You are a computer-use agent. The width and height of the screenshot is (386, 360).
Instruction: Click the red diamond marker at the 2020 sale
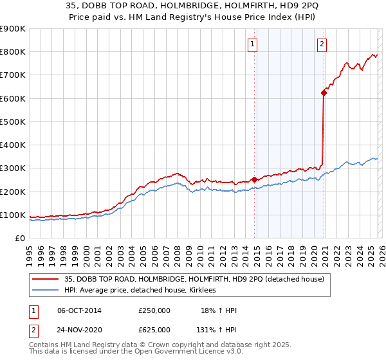click(x=324, y=93)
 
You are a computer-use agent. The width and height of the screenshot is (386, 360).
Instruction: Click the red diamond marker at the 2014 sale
click(x=254, y=180)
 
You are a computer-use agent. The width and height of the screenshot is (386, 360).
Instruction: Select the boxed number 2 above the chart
click(x=321, y=44)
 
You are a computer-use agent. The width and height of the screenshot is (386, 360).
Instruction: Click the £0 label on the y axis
click(x=21, y=239)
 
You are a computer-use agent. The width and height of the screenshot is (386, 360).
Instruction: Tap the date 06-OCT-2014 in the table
click(x=79, y=311)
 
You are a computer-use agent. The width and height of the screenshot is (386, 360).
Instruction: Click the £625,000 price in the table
click(x=154, y=330)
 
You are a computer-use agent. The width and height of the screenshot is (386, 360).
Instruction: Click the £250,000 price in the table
click(x=154, y=311)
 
